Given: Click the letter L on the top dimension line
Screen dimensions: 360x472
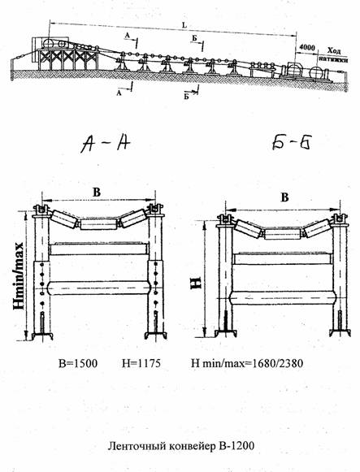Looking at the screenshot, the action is [184, 25].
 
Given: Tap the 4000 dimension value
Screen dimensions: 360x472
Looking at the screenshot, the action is [307, 48].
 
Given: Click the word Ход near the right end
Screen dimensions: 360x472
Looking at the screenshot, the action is [333, 50].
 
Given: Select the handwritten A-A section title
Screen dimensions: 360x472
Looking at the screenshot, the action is [105, 143].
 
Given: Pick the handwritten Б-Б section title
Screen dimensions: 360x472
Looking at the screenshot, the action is [291, 142].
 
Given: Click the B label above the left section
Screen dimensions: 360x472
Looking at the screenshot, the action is [97, 192].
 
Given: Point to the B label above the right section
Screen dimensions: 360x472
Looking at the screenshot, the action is [284, 197].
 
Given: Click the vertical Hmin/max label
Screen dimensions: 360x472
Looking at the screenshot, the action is [19, 276].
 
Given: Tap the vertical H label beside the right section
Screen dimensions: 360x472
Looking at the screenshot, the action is [196, 283].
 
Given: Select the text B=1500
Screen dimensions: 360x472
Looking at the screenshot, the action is [78, 363].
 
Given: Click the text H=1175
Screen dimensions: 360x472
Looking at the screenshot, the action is [141, 363].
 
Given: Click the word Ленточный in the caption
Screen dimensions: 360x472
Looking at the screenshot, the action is [130, 446].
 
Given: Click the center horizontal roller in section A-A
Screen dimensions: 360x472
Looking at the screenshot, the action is [98, 224].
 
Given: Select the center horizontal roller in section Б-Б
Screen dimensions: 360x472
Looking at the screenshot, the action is [283, 234].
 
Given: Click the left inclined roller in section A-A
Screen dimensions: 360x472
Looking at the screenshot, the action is [64, 219].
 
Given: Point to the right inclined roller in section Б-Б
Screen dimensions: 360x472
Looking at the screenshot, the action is [317, 228].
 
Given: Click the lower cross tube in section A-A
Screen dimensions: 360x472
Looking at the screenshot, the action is [99, 288].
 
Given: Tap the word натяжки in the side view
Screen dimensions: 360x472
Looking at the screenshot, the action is [333, 59].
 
